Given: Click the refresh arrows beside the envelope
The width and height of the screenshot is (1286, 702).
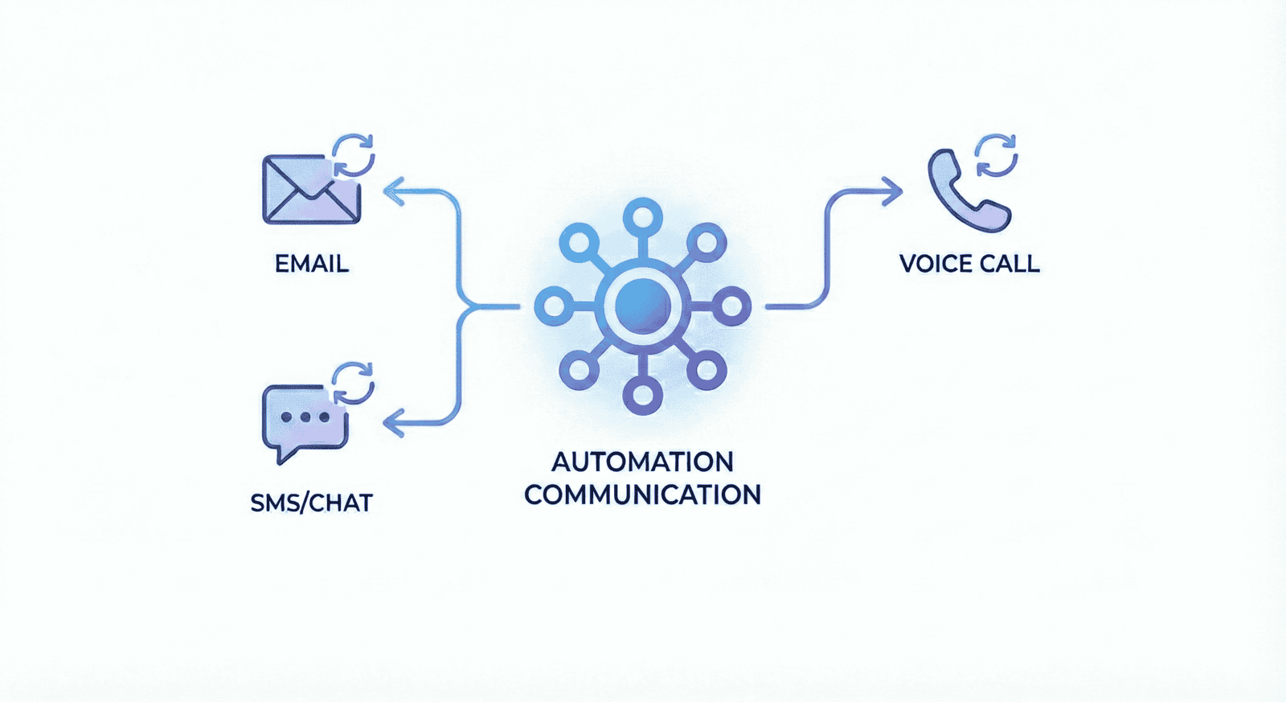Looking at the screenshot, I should tap(354, 154).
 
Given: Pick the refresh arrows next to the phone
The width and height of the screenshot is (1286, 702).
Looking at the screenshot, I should tap(997, 154).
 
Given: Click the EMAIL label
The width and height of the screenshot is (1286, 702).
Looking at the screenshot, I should tap(311, 264).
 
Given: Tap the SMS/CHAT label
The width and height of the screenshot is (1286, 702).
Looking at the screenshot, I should tap(311, 503).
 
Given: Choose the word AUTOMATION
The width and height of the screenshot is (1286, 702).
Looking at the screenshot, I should tap(642, 462).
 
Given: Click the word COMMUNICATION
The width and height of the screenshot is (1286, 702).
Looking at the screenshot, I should tap(642, 495).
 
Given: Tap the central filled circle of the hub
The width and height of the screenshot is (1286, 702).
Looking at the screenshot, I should tap(642, 306).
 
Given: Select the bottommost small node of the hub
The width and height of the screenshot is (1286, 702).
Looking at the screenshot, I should tap(642, 396).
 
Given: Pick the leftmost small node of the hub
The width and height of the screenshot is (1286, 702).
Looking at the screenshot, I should tap(553, 306).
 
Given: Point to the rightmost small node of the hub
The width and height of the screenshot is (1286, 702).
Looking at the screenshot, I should tap(732, 306).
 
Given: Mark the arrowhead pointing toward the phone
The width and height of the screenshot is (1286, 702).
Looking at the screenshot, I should tap(892, 191).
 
